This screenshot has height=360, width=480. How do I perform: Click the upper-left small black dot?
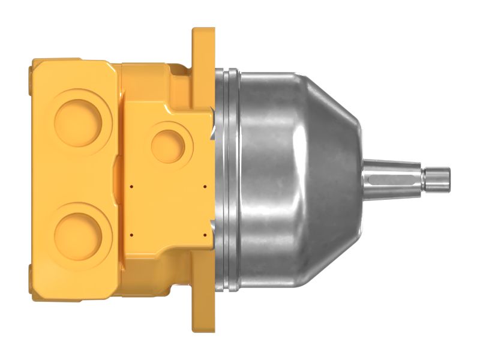point(130,187)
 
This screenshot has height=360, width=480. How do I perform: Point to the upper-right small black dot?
point(205,187)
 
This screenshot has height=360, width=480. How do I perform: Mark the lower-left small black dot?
point(130,233)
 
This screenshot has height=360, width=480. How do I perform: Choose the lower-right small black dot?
point(205,233)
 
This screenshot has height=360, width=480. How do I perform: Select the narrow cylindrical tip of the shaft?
point(436,175)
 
